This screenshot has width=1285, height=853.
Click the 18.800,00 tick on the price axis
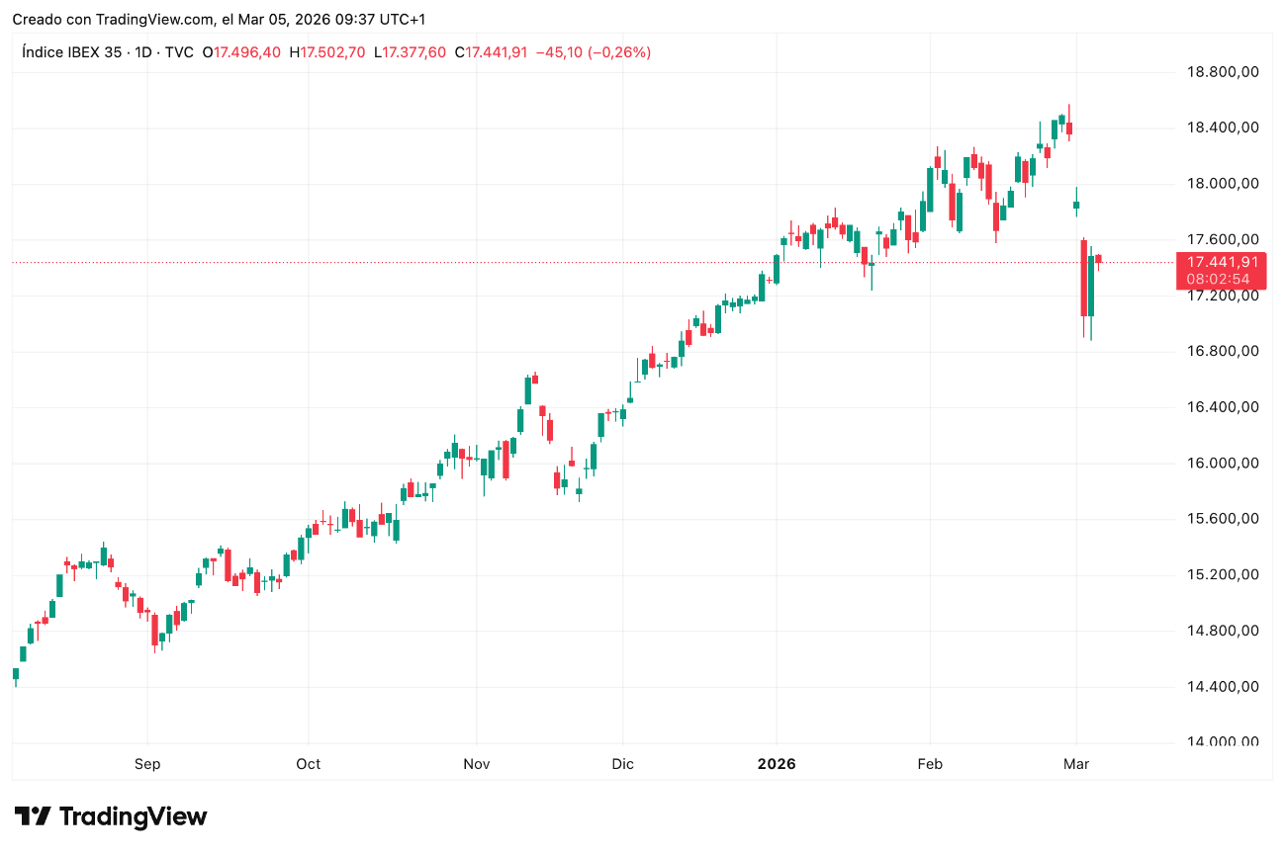(1222, 71)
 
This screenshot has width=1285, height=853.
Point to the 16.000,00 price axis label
(1222, 463)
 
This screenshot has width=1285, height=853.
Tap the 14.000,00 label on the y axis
(1222, 742)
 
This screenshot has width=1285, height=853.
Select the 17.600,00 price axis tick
(1222, 239)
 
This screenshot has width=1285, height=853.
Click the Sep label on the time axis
(147, 764)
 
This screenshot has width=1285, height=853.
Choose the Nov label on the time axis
(477, 764)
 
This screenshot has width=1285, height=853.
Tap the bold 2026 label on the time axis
(777, 764)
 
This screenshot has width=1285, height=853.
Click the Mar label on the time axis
(1076, 764)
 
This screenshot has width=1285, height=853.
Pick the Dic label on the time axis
(622, 764)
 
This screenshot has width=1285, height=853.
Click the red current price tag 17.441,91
(1222, 262)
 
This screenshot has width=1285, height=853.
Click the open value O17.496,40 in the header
(241, 52)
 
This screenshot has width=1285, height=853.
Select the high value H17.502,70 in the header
(327, 52)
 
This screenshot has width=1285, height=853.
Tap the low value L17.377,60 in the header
(411, 52)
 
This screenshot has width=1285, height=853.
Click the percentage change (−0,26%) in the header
(619, 52)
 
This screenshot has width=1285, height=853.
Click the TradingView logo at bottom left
(111, 817)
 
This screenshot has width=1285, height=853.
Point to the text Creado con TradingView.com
(114, 19)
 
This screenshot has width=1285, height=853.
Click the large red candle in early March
(1084, 278)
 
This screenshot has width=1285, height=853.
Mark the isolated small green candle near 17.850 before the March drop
(1076, 205)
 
